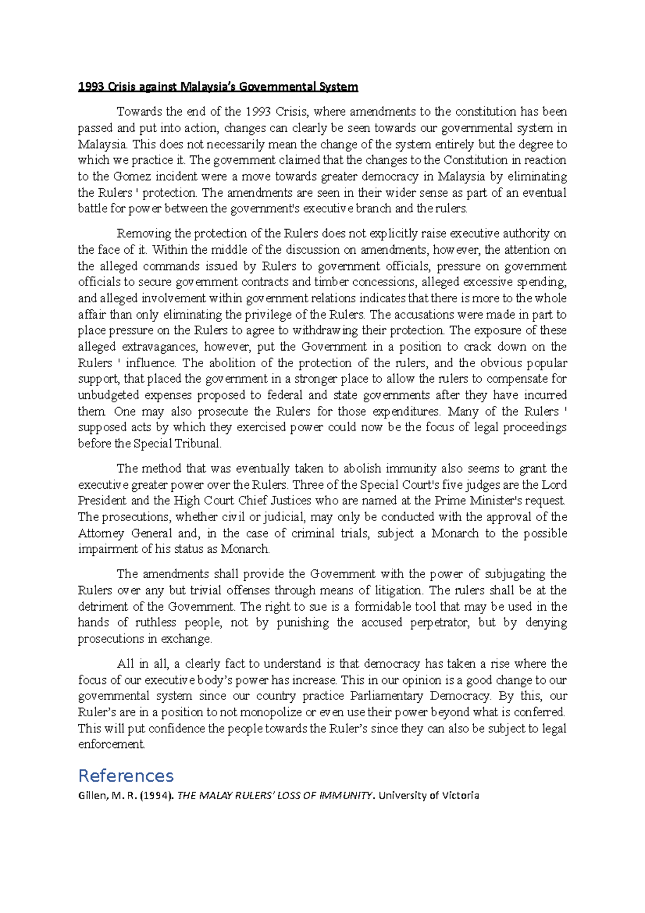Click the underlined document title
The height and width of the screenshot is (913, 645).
coord(218,87)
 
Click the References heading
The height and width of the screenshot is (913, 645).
coord(126,776)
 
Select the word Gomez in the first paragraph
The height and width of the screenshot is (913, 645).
coord(132,176)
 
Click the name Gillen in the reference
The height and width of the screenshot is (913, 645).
coord(92,795)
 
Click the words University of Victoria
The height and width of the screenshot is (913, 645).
coord(428,795)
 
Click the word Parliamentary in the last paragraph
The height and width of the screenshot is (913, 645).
coord(386,696)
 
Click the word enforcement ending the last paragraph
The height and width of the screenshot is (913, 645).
coord(111,745)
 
